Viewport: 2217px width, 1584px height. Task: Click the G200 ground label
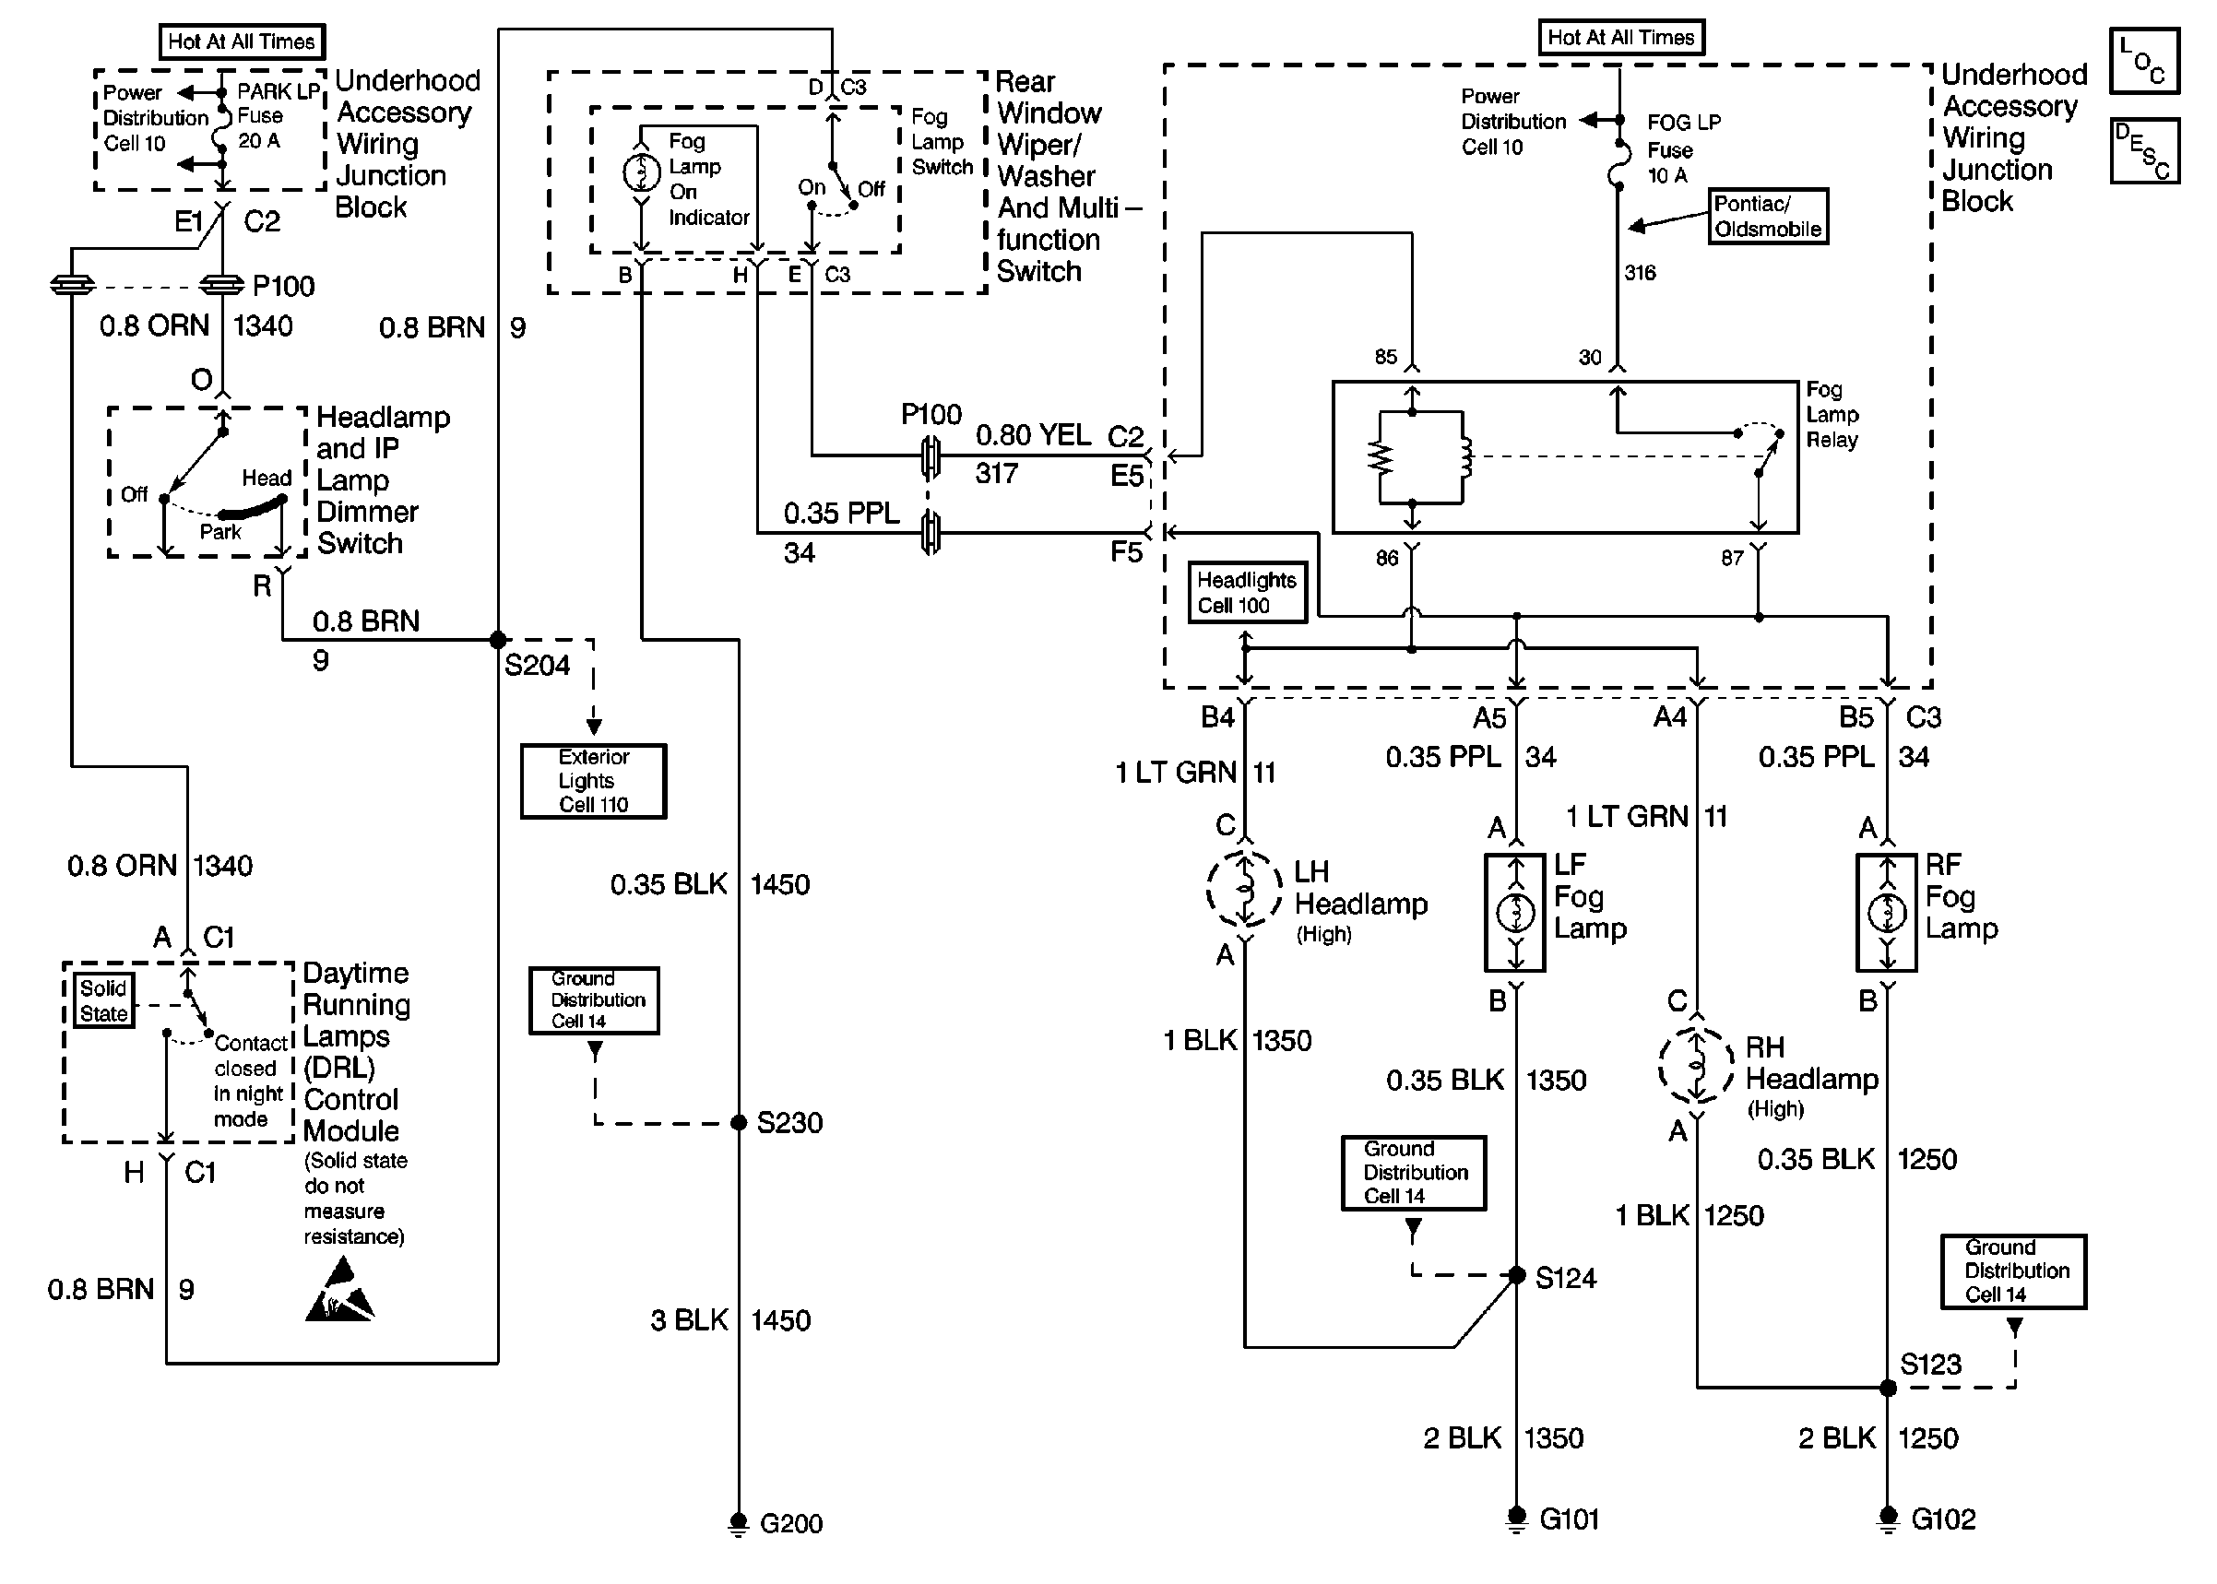790,1522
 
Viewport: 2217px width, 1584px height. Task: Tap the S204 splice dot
498,641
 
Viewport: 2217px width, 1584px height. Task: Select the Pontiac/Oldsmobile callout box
1767,217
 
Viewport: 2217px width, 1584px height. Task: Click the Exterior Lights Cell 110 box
593,781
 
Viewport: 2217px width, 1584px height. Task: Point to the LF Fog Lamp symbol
1515,913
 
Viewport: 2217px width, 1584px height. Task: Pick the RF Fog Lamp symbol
1886,913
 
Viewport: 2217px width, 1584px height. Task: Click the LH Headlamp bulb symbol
1245,888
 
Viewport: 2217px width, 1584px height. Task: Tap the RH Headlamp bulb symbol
1696,1064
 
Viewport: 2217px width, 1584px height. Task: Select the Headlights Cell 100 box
1247,592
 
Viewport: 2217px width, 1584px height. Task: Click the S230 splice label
789,1123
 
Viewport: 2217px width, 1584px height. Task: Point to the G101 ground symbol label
1569,1519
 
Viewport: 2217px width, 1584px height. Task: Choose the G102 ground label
1943,1519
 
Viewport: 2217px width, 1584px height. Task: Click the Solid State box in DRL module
103,1000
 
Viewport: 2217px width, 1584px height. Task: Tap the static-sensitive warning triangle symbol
339,1292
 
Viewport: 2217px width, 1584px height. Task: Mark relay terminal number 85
1385,357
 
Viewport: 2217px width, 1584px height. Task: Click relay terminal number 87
1731,558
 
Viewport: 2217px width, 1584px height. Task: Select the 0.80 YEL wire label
1033,435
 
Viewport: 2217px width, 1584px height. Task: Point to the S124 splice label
1566,1278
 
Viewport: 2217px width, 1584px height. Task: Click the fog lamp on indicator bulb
641,173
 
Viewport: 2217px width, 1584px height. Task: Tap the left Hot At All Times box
241,41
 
